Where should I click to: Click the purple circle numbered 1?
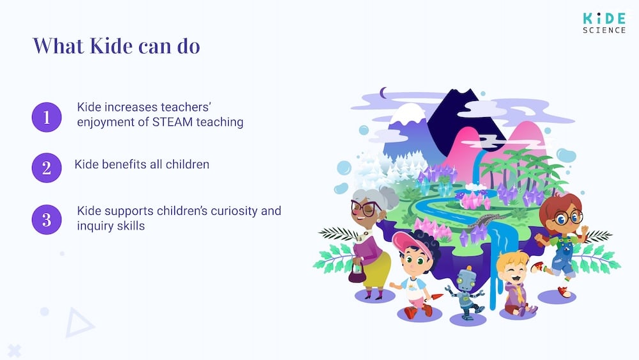pos(47,117)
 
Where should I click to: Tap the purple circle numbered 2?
pos(47,168)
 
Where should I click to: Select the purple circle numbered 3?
pos(47,219)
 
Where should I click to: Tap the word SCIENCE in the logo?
pos(604,30)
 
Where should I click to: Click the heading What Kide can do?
pos(116,46)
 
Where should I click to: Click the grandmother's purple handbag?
pos(356,276)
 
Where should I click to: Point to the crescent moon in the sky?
pos(384,94)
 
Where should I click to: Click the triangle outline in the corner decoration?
pos(79,323)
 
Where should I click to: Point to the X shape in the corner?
pos(15,350)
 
